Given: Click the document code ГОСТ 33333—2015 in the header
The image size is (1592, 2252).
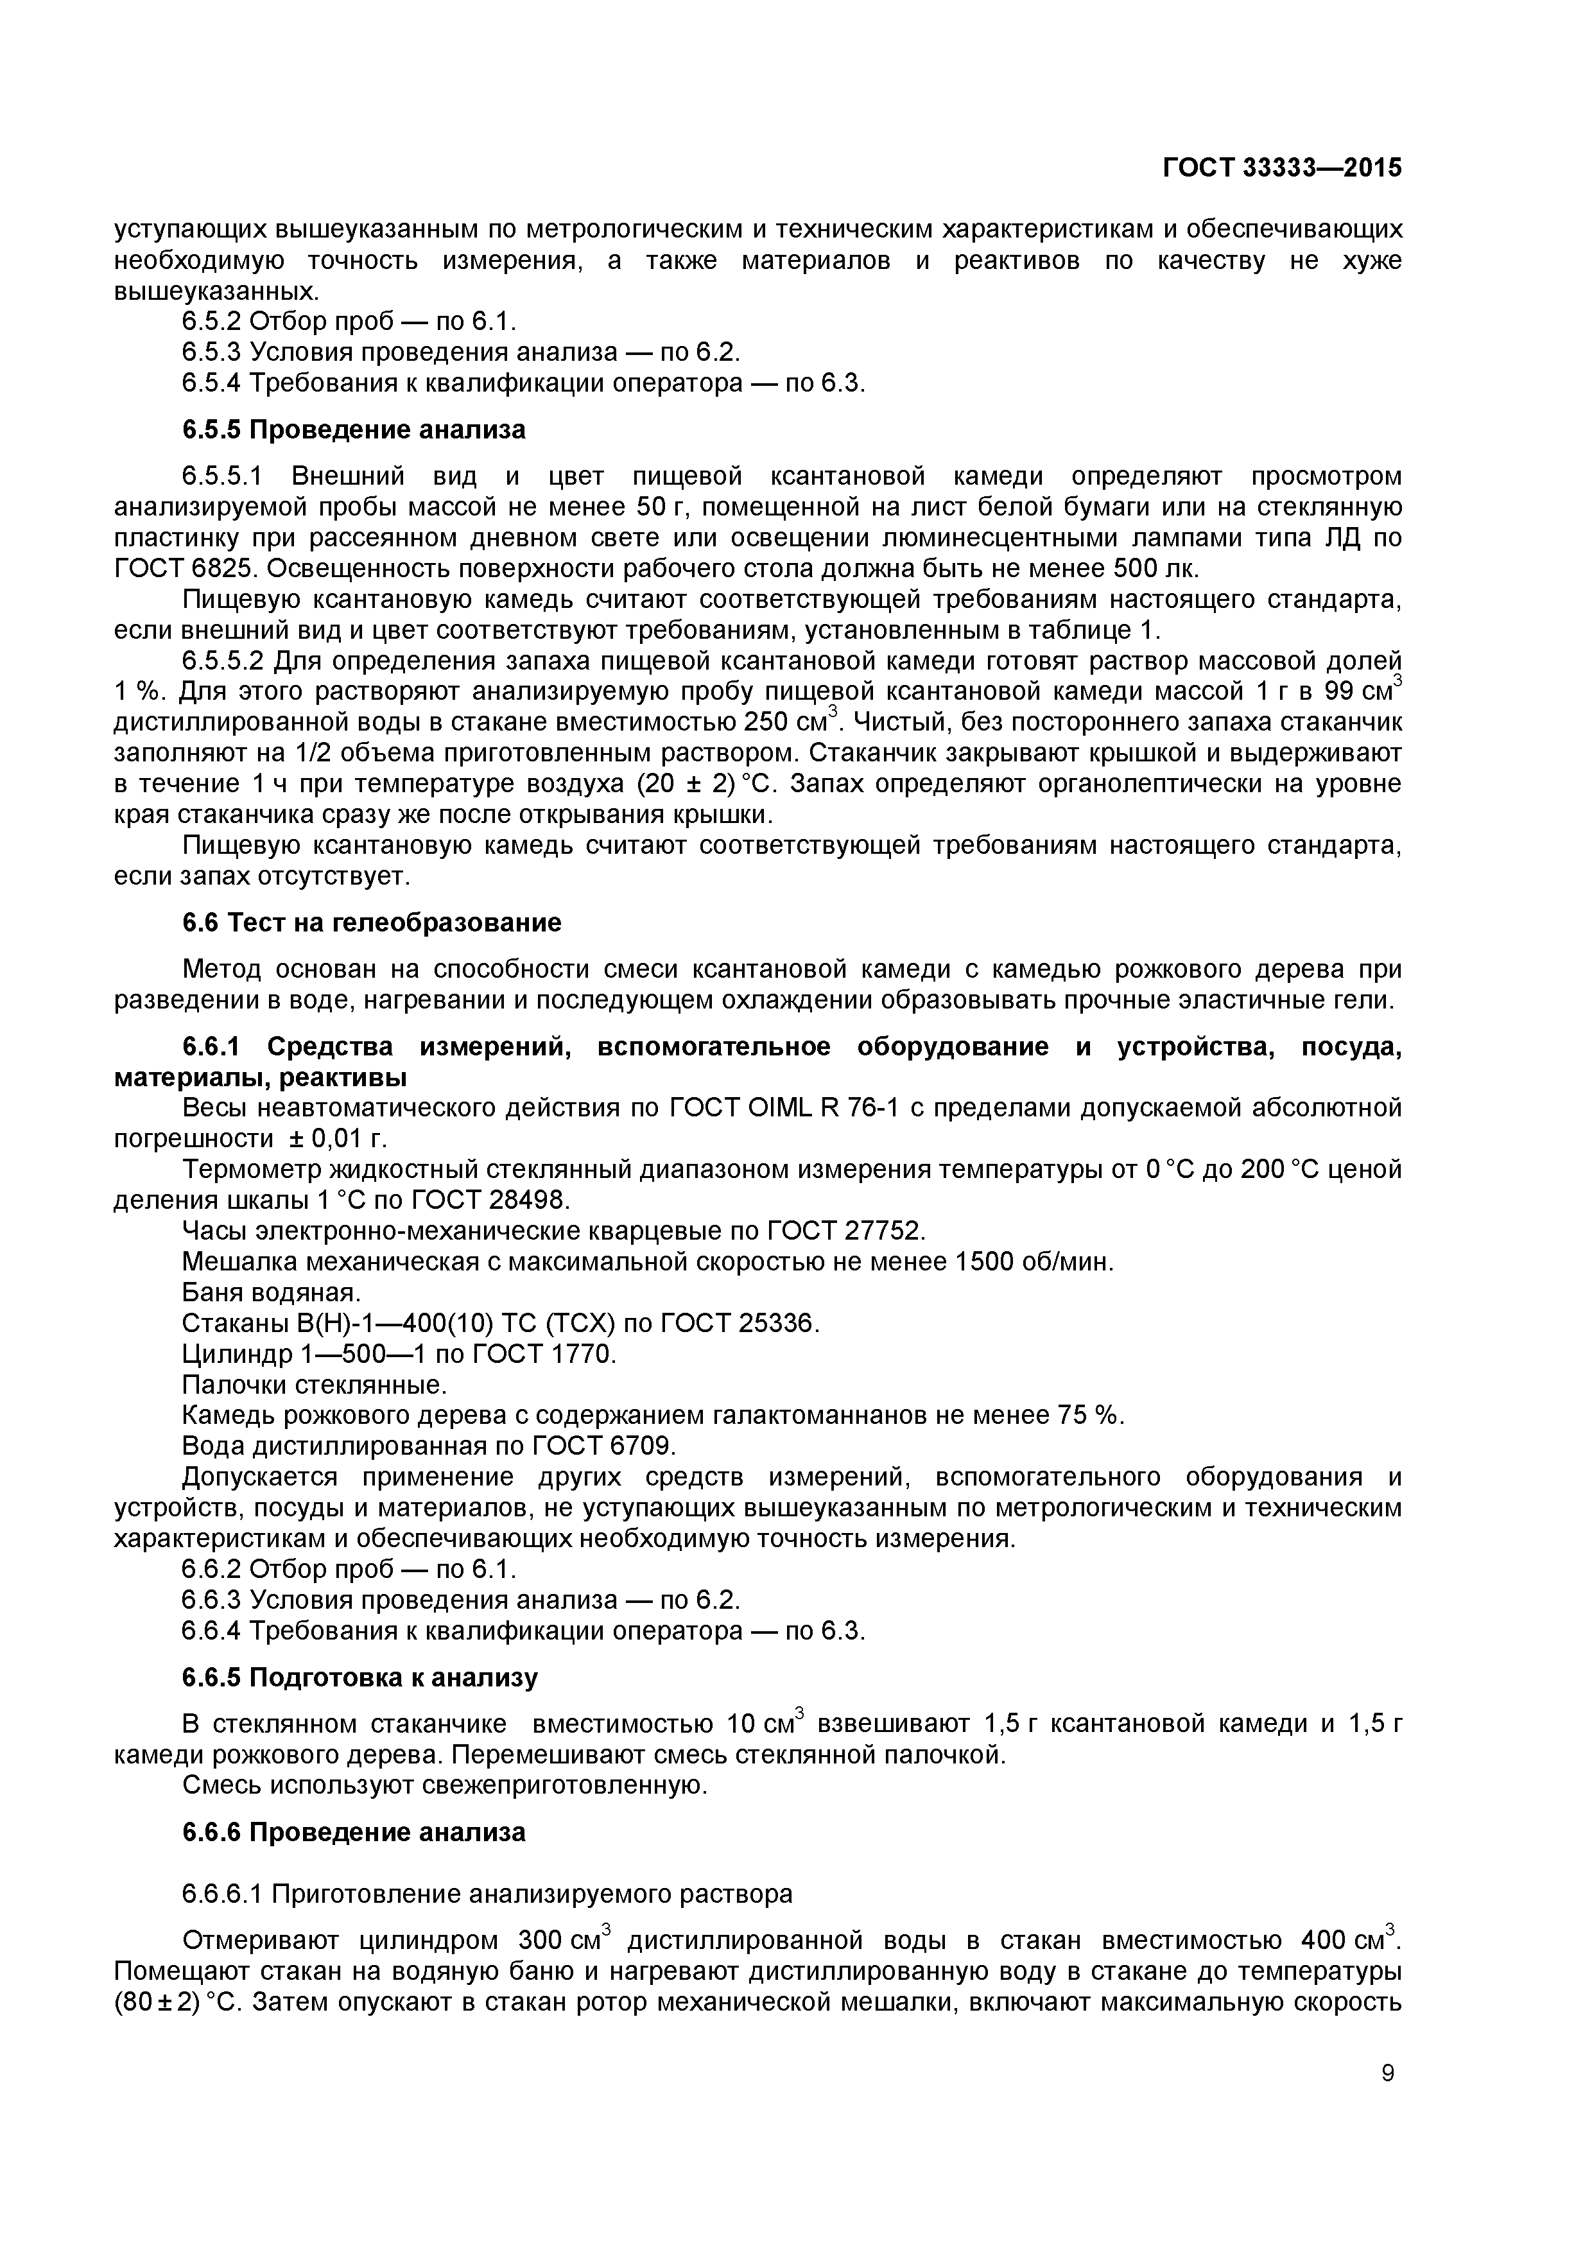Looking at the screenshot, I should [1282, 168].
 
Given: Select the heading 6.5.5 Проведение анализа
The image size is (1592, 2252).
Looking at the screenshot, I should [354, 429].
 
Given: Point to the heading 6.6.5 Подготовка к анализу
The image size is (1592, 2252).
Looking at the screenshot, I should [360, 1678].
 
